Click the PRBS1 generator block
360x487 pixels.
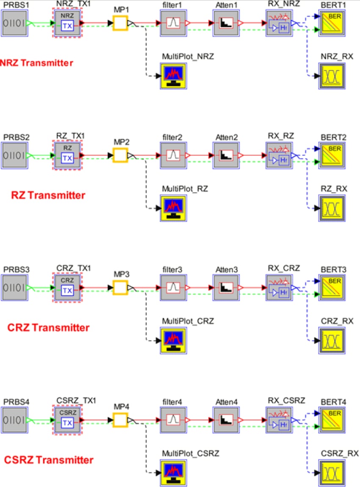pyautogui.click(x=14, y=23)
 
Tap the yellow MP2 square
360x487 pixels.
pyautogui.click(x=120, y=155)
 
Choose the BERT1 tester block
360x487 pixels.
pyautogui.click(x=332, y=23)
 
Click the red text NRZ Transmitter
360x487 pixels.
pyautogui.click(x=36, y=63)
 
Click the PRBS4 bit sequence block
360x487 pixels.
pyautogui.click(x=14, y=420)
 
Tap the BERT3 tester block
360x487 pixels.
pyautogui.click(x=332, y=288)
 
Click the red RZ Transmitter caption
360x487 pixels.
pyautogui.click(x=48, y=195)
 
